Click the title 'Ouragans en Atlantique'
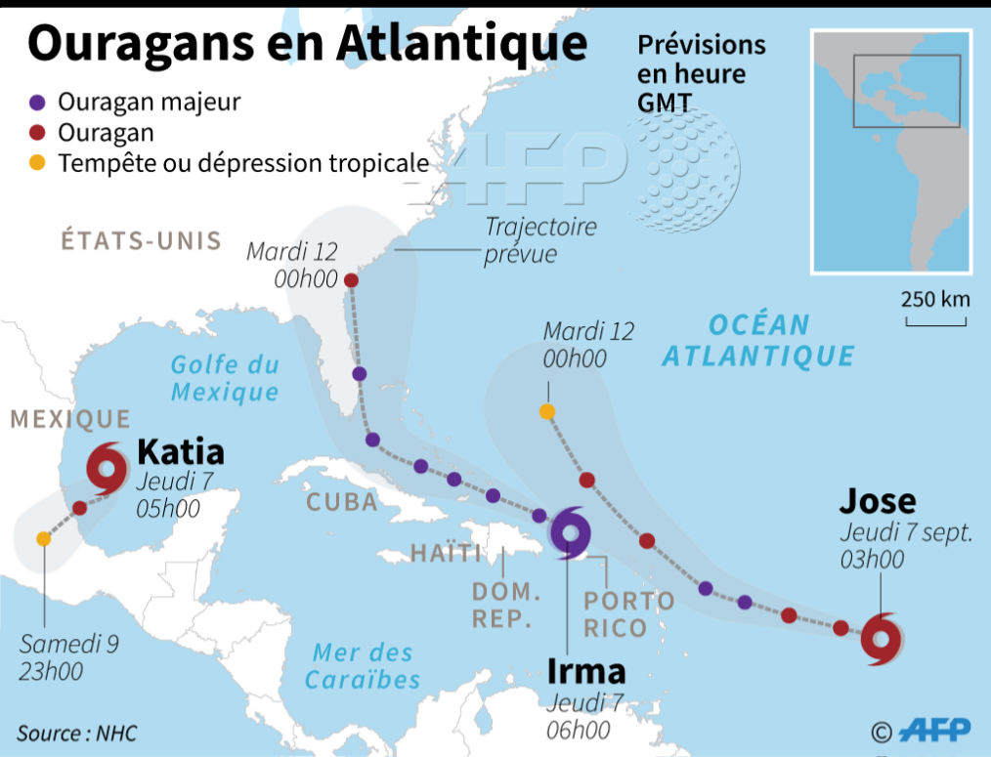307,46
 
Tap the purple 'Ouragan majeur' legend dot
37,102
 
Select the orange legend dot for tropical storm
37,163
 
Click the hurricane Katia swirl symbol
107,468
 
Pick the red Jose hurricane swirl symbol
883,639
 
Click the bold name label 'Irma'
585,672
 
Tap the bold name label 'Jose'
878,501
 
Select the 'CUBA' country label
342,502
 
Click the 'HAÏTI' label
446,554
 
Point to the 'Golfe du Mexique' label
225,378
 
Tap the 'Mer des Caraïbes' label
363,666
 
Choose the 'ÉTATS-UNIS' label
142,241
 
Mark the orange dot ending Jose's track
547,411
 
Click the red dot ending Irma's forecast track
351,280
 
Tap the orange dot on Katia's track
43,539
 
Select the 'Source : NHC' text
77,733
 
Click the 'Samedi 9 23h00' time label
68,657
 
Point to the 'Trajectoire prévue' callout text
540,240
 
